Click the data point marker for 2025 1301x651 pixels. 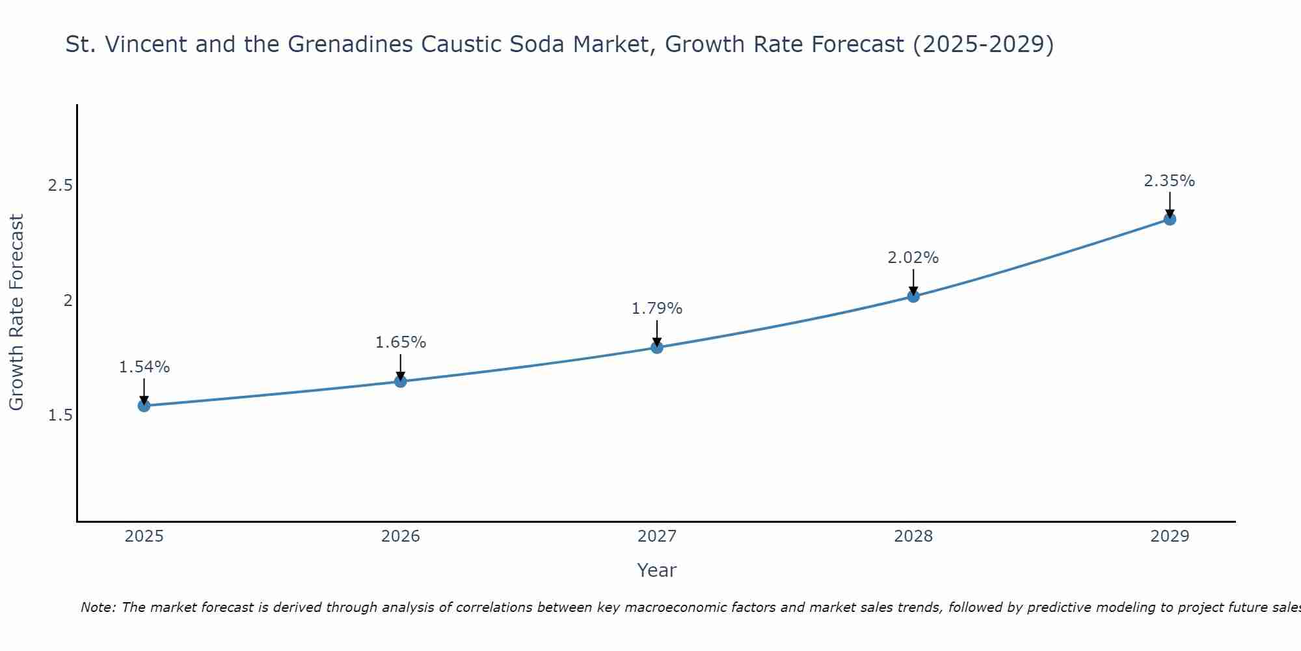(144, 406)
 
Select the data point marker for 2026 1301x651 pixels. (401, 381)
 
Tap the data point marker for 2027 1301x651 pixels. (657, 348)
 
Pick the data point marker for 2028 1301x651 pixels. (913, 296)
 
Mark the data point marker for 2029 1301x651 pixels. (1170, 219)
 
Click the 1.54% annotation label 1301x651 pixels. (144, 367)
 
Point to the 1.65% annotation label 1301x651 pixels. (401, 342)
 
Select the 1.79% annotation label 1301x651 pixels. (657, 309)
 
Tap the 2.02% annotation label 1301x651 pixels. (913, 258)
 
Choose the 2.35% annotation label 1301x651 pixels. (1170, 181)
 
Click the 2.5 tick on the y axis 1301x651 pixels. (60, 186)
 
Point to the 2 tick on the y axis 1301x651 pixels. (67, 300)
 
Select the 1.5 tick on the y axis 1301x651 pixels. (60, 415)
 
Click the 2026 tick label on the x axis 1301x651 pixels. (401, 536)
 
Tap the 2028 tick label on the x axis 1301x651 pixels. (913, 536)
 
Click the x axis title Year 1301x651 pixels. (657, 570)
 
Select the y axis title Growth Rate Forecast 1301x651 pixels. (16, 312)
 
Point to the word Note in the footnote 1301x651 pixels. (98, 607)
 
